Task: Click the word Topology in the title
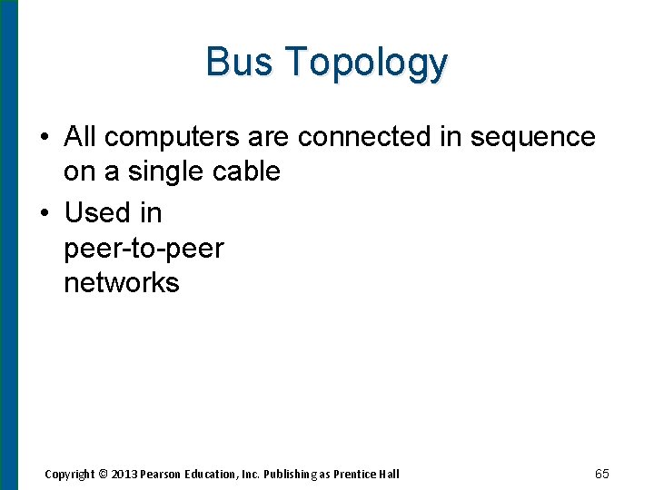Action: tap(365, 64)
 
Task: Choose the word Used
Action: tap(97, 213)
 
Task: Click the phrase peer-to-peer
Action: tap(144, 248)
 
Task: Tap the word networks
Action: tap(122, 283)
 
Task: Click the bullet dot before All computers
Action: tap(44, 138)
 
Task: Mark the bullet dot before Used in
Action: tap(44, 214)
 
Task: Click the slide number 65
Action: tap(601, 474)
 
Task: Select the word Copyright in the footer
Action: tap(70, 474)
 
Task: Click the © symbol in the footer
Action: tap(104, 474)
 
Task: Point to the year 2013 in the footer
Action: tap(124, 474)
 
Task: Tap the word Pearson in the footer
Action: tap(162, 474)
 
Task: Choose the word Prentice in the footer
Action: tap(358, 474)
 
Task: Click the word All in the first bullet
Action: tap(80, 137)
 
